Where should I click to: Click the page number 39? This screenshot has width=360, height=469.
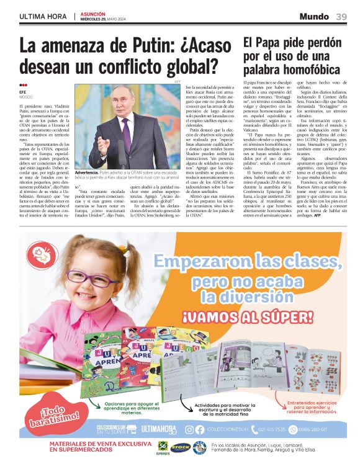coord(341,16)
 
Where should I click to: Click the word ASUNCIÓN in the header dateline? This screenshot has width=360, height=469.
coord(93,13)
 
